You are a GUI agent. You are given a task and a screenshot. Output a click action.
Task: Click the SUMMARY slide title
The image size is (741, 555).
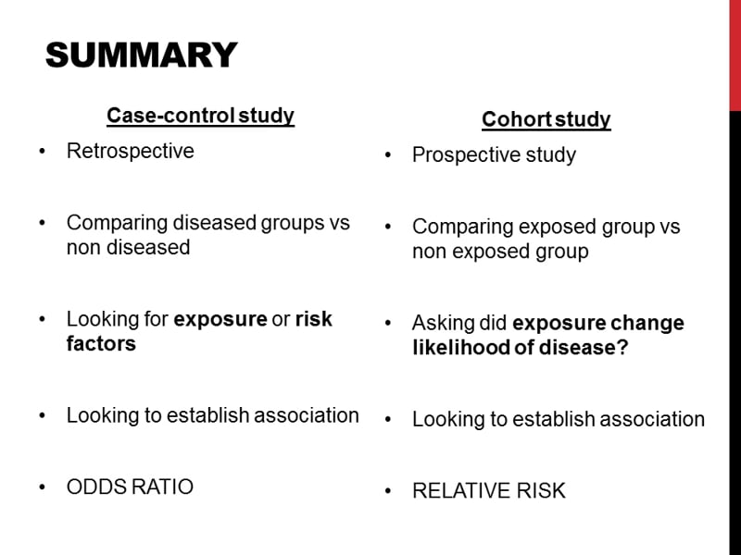click(141, 55)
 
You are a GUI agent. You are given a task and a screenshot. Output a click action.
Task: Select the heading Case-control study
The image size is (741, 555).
click(200, 116)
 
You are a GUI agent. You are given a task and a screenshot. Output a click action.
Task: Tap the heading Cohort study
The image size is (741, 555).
click(546, 119)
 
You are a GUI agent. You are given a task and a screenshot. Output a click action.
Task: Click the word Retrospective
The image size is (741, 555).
click(131, 151)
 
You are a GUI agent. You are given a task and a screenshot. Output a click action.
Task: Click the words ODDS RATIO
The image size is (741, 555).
click(130, 487)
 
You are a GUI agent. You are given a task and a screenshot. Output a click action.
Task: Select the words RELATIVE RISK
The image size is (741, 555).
click(488, 490)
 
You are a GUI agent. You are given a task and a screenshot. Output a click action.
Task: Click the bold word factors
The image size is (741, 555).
click(101, 343)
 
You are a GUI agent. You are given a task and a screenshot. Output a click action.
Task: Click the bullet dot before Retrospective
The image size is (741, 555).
click(43, 152)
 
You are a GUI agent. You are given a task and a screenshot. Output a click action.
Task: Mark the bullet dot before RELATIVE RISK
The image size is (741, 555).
click(389, 491)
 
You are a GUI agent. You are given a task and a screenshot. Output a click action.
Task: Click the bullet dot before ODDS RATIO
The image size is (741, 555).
click(43, 487)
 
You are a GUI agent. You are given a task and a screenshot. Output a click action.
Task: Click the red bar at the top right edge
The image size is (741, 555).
click(735, 55)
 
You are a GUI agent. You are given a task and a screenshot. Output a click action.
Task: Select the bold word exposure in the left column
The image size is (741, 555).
click(220, 319)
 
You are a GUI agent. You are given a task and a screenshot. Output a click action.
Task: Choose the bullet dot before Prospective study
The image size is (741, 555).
click(389, 155)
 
